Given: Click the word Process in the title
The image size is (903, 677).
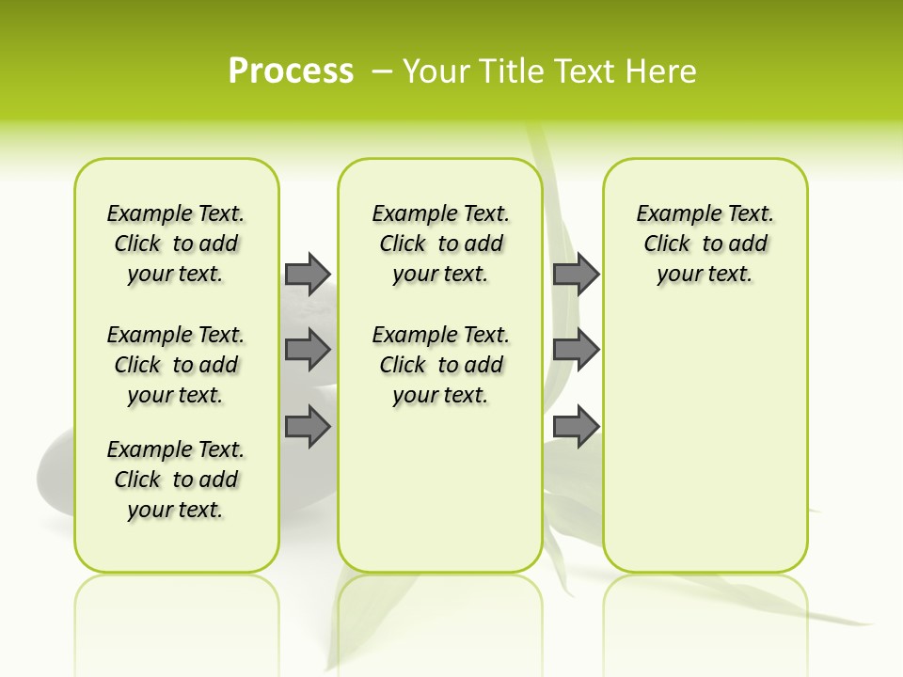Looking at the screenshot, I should (x=291, y=71).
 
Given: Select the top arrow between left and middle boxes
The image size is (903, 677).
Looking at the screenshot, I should (x=308, y=274).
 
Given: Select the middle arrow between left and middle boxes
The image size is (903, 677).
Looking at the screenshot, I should (x=308, y=351).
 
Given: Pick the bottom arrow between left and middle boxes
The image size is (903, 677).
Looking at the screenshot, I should (x=308, y=427).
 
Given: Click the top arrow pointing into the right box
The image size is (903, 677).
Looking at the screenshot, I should (x=576, y=274).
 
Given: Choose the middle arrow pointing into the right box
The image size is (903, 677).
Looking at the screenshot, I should (x=576, y=351).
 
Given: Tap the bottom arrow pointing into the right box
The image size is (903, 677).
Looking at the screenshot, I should (x=576, y=427).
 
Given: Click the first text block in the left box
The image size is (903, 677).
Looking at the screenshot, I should (x=176, y=244).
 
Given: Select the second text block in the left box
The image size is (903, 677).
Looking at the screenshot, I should (x=176, y=365).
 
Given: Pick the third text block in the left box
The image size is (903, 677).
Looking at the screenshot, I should (x=176, y=480).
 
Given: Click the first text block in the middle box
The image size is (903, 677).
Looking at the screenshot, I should (x=440, y=244).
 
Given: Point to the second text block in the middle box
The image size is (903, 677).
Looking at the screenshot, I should (x=440, y=365).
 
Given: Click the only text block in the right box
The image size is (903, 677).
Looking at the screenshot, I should (x=705, y=244).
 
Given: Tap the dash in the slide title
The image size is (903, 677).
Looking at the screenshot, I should (x=383, y=71).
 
